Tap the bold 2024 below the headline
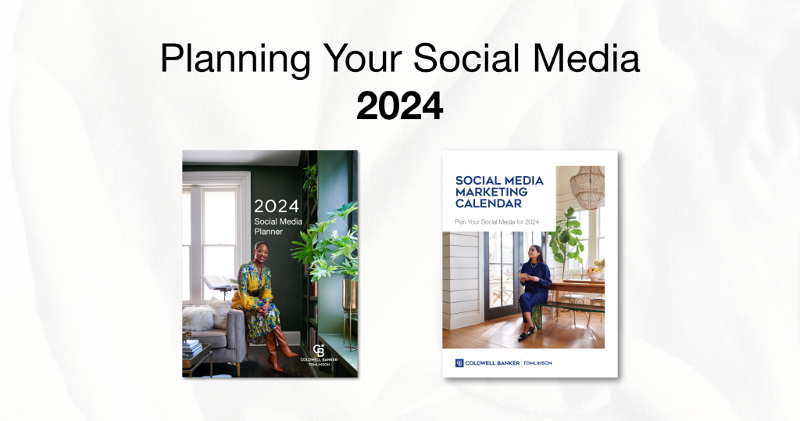[399, 106]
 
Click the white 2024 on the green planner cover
[276, 207]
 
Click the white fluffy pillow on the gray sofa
[200, 317]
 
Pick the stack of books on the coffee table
[191, 349]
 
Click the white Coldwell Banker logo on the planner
[318, 351]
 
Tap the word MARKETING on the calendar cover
[491, 192]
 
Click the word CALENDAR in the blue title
[488, 203]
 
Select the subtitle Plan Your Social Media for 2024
[497, 222]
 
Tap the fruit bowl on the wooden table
[596, 272]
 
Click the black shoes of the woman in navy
[527, 334]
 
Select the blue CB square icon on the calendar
[459, 362]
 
